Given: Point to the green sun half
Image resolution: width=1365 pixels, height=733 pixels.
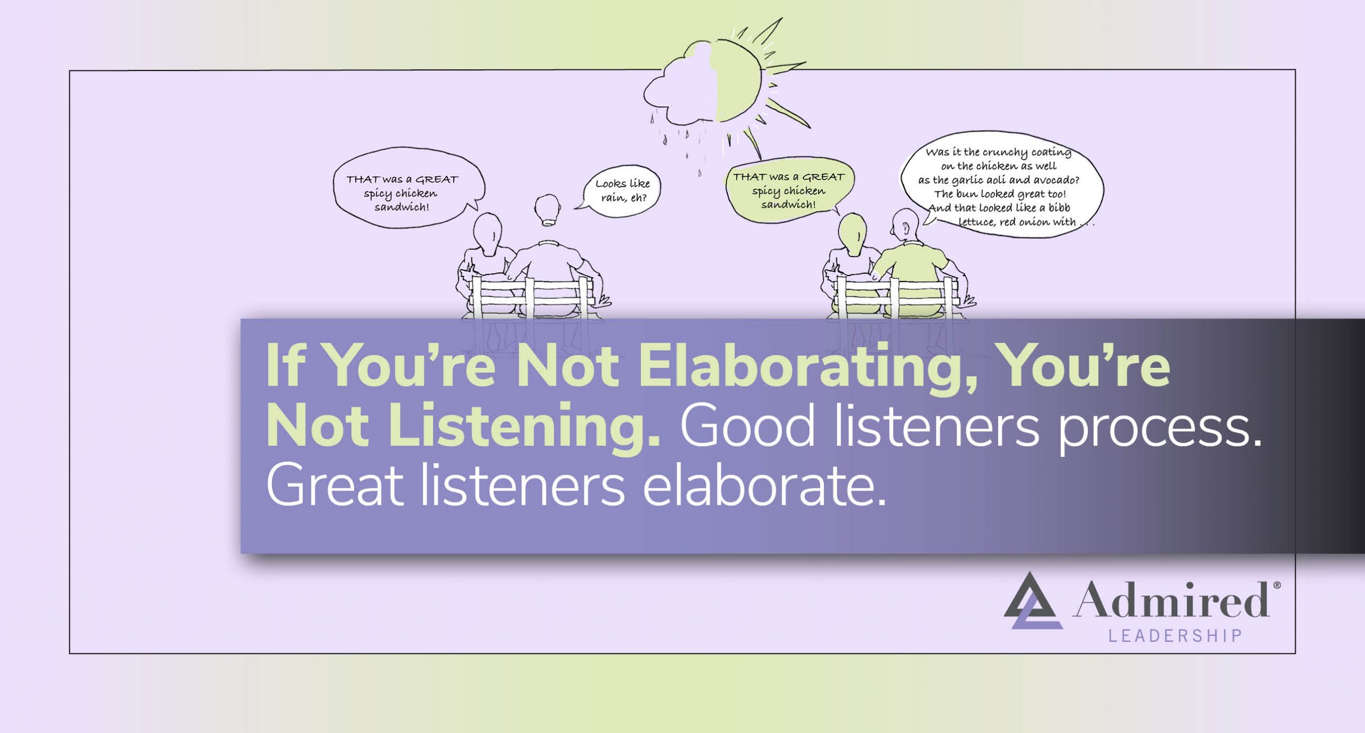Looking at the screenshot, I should click(738, 80).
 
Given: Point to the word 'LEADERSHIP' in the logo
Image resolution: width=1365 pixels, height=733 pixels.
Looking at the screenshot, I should click(1175, 636).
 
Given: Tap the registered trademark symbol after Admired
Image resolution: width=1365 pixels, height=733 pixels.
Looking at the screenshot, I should click(1276, 585).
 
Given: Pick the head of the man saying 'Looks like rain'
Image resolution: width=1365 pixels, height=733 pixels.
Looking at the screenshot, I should click(547, 210).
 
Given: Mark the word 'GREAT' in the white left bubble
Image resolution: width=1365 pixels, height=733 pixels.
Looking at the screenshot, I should click(436, 179).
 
